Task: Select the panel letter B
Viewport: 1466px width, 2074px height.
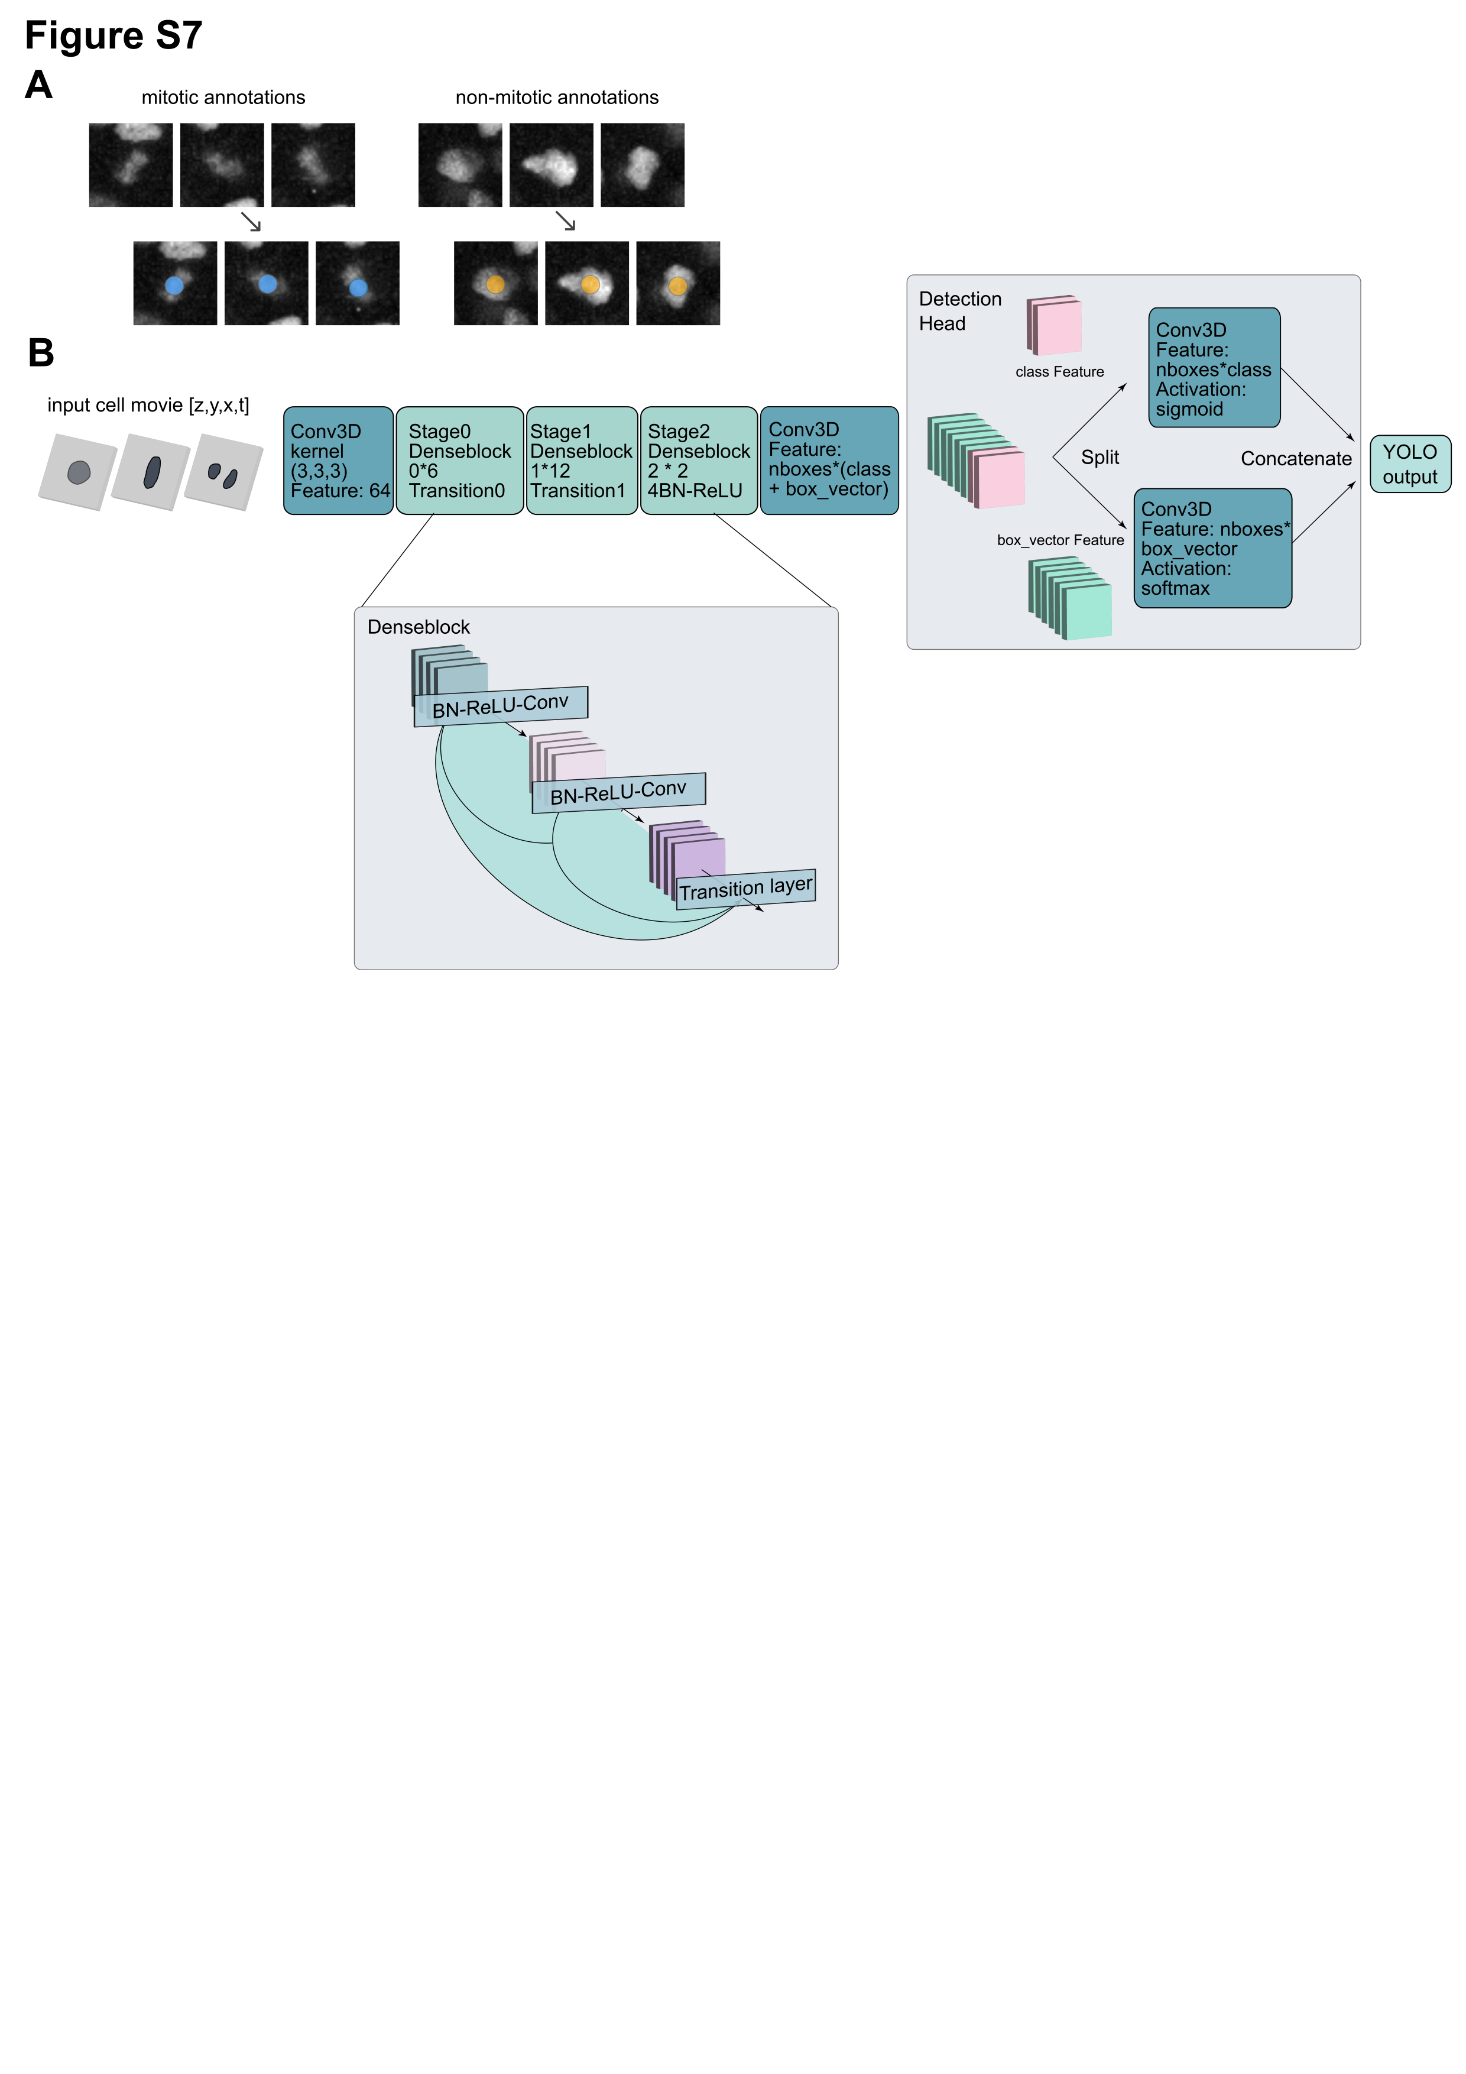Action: pyautogui.click(x=41, y=352)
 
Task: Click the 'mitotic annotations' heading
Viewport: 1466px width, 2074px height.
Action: pyautogui.click(x=223, y=98)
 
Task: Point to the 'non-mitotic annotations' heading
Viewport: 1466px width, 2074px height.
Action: pyautogui.click(x=556, y=98)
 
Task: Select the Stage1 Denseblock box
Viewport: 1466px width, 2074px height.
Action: pyautogui.click(x=581, y=461)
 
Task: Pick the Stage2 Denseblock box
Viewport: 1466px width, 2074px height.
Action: pyautogui.click(x=698, y=461)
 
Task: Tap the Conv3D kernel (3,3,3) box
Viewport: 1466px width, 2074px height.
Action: pyautogui.click(x=339, y=461)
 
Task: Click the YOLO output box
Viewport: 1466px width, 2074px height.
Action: pyautogui.click(x=1409, y=464)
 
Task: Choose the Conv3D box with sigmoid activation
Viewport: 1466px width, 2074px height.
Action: pyautogui.click(x=1214, y=368)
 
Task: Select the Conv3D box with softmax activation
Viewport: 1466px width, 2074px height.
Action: pyautogui.click(x=1212, y=548)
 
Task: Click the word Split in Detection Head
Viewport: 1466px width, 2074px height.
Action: pyautogui.click(x=1099, y=458)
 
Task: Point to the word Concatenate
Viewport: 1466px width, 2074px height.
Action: pyautogui.click(x=1295, y=459)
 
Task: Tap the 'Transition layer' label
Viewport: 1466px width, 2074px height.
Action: pyautogui.click(x=745, y=889)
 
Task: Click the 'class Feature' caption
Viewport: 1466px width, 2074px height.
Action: pyautogui.click(x=1059, y=372)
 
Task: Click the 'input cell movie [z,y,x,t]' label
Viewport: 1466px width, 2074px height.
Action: pyautogui.click(x=148, y=406)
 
